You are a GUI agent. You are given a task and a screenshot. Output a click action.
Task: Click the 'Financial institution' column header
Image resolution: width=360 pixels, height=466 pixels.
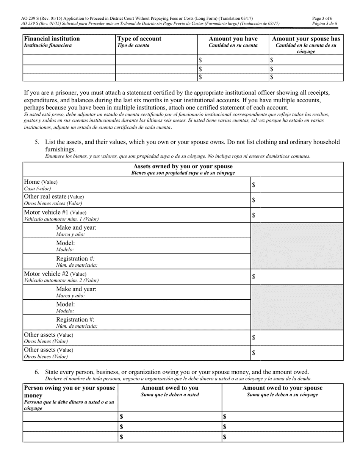click(52, 39)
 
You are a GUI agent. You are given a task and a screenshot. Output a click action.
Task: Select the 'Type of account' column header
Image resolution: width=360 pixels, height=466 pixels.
click(139, 39)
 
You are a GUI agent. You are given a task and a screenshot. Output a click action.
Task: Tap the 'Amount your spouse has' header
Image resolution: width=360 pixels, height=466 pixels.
click(306, 39)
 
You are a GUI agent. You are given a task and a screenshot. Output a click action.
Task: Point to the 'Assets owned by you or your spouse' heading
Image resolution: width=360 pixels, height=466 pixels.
click(183, 166)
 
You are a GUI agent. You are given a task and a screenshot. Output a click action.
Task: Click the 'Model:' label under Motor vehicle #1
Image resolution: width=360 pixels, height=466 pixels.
click(66, 243)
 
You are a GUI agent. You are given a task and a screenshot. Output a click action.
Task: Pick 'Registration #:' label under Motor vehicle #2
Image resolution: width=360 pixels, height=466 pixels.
click(75, 319)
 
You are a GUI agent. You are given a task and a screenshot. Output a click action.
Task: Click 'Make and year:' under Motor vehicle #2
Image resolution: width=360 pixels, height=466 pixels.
click(76, 289)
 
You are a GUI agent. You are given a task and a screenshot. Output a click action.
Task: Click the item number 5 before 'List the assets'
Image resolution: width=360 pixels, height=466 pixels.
click(37, 142)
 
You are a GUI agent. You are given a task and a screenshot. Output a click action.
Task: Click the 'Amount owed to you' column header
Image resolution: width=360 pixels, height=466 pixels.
click(169, 388)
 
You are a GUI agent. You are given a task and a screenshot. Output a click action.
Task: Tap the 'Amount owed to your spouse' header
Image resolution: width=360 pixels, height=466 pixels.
click(282, 388)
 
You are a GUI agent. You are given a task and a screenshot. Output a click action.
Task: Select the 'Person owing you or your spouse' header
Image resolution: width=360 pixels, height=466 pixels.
click(69, 388)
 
